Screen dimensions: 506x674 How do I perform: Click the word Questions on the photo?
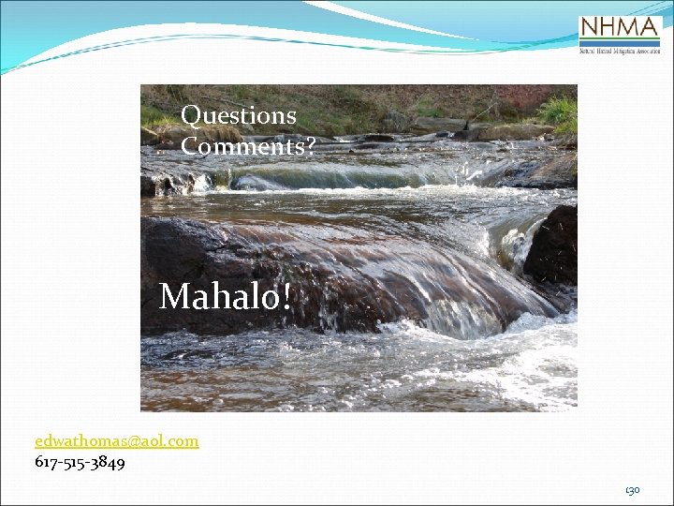(239, 116)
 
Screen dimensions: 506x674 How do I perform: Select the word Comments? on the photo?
(247, 146)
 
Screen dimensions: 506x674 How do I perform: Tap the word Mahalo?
(226, 297)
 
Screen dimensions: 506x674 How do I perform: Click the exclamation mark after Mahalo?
(286, 296)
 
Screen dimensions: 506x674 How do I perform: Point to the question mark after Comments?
(310, 146)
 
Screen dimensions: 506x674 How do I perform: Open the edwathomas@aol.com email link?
(117, 440)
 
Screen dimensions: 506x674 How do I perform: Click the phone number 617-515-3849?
(80, 462)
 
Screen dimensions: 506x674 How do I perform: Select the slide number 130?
(633, 490)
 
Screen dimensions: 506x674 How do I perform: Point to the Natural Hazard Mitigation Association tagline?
(620, 51)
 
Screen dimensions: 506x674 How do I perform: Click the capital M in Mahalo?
(174, 297)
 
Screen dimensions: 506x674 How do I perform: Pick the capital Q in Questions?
(191, 116)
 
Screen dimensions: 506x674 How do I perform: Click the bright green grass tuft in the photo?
(559, 112)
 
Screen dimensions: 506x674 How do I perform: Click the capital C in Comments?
(190, 146)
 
